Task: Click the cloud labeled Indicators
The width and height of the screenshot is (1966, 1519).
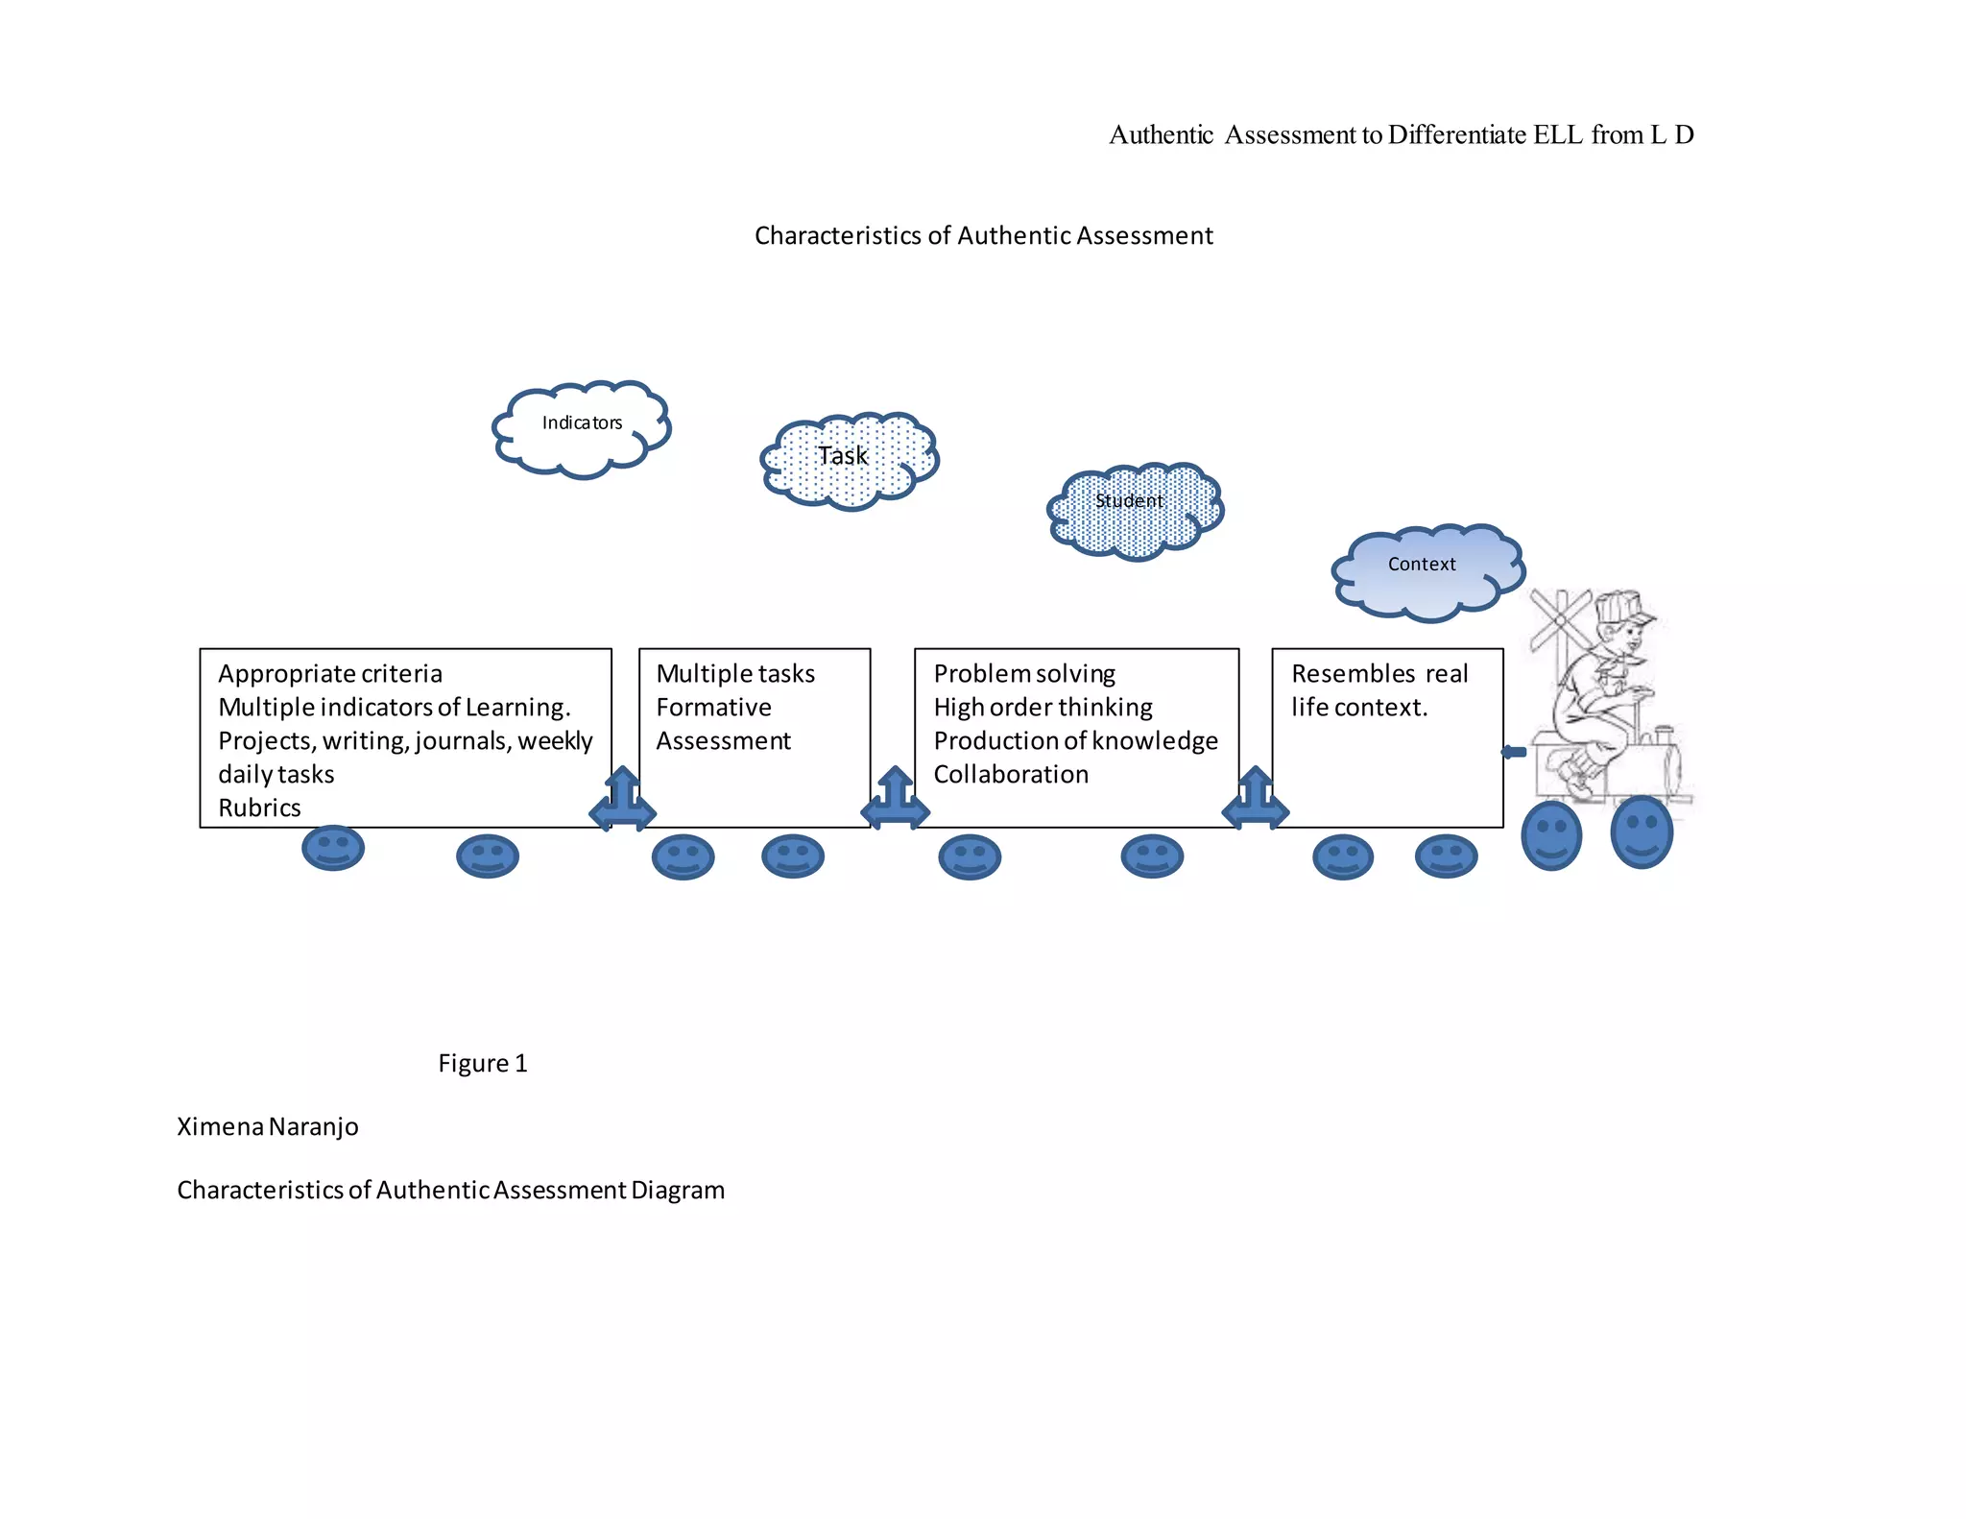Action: (581, 428)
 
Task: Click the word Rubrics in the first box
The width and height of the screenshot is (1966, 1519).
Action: (259, 808)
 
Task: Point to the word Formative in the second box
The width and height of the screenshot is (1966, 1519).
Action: (713, 708)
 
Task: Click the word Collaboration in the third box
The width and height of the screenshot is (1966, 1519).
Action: (1011, 774)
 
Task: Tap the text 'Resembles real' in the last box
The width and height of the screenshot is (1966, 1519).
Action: (1379, 674)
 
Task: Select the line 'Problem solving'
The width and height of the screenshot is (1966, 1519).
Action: (1024, 674)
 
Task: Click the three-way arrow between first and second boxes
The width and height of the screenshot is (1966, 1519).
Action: (623, 799)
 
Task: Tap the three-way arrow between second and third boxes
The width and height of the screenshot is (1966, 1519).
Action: (895, 799)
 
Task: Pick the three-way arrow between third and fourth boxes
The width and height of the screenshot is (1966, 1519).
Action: (1255, 799)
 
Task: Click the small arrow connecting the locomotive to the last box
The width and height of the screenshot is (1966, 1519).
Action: (1514, 752)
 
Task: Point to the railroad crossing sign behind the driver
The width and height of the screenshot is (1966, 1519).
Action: (1559, 620)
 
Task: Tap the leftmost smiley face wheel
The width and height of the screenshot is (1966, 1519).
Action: (333, 848)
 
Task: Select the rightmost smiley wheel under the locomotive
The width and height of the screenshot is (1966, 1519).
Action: (1641, 832)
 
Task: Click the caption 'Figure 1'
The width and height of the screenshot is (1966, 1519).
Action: (483, 1064)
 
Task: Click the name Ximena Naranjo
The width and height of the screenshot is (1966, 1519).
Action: (268, 1126)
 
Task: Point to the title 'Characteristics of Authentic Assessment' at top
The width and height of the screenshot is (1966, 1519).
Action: (983, 235)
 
